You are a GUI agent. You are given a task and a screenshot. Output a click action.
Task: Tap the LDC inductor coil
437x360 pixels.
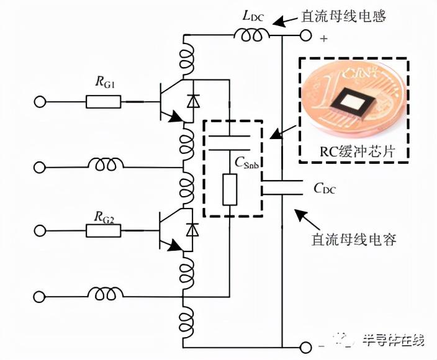tap(251, 37)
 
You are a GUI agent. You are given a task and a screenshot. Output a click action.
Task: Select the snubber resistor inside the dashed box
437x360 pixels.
tap(229, 190)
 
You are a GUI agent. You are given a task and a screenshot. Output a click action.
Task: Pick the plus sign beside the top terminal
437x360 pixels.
tap(323, 38)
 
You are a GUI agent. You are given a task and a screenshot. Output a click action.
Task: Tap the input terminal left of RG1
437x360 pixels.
tap(40, 101)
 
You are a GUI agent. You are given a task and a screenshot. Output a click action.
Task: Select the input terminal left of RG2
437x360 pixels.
tap(40, 231)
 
